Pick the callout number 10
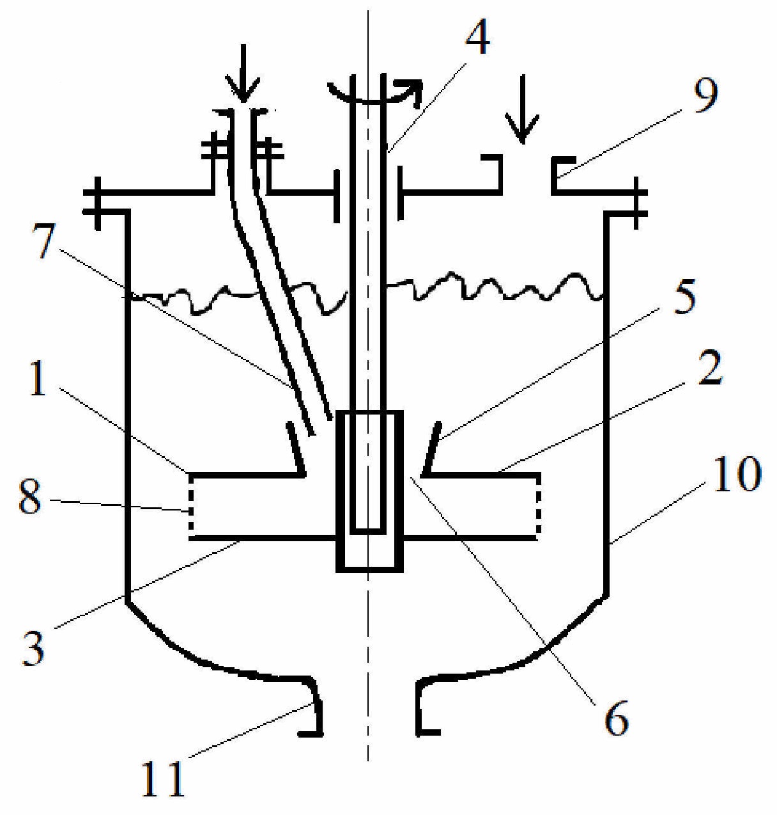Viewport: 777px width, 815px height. pos(735,474)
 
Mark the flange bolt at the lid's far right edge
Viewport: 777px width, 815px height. pos(637,200)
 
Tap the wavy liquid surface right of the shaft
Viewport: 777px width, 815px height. pos(498,288)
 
